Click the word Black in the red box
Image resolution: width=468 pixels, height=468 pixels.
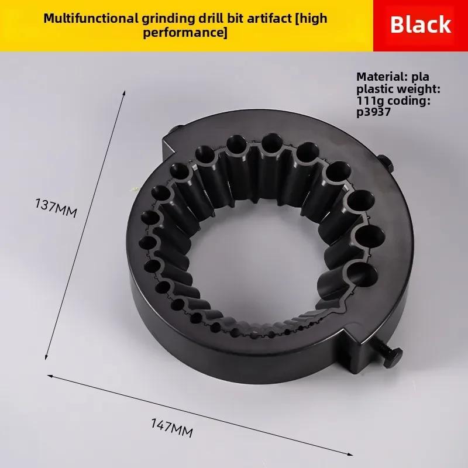click(420, 24)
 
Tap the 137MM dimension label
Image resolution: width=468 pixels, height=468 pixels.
click(56, 208)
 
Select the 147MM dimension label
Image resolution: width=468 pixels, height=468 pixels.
click(171, 428)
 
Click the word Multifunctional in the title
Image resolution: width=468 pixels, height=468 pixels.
click(91, 19)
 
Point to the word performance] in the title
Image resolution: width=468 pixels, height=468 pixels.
click(185, 32)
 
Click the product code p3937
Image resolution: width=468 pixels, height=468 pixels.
click(373, 112)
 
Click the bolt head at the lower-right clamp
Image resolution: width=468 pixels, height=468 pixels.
click(393, 357)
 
